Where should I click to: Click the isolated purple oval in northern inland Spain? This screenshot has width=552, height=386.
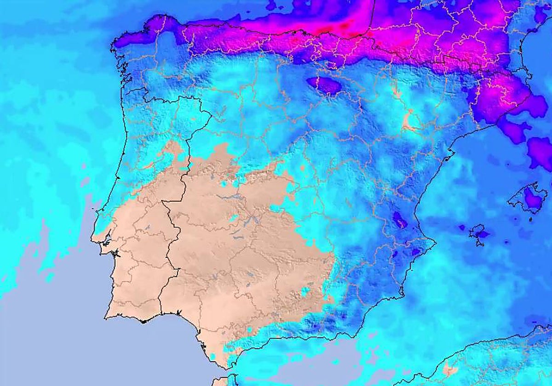tap(324, 85)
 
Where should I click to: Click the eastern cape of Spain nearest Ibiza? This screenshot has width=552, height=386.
tap(435, 241)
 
